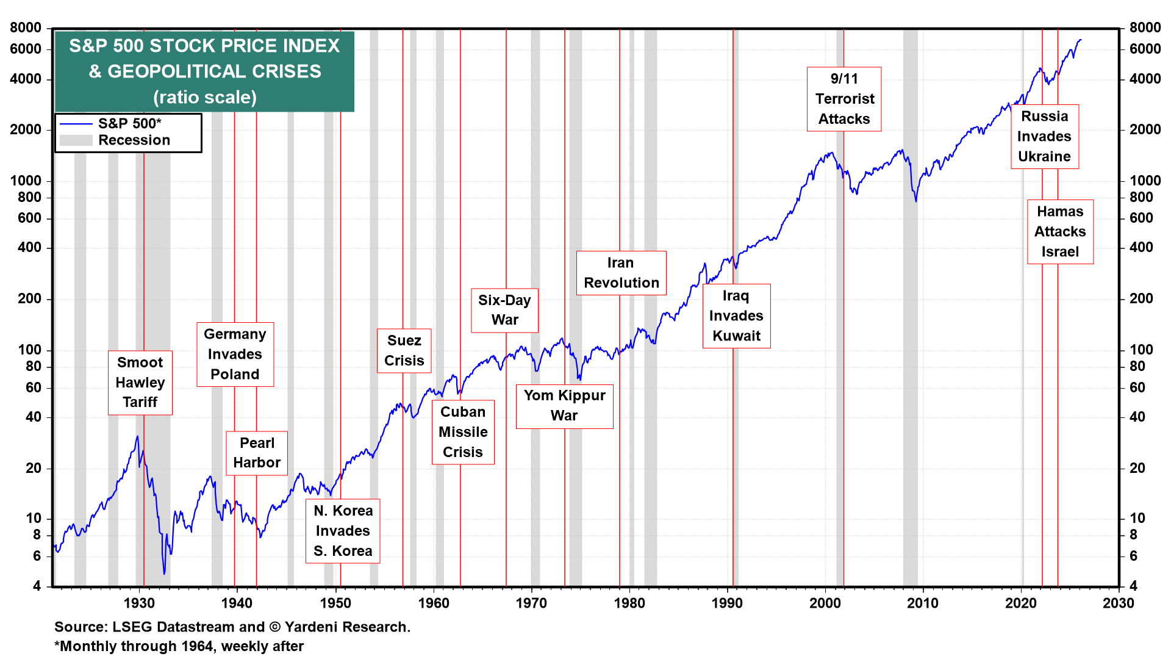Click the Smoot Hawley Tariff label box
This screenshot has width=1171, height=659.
[140, 383]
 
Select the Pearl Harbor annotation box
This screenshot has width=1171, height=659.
[257, 453]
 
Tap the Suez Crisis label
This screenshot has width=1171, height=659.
[404, 350]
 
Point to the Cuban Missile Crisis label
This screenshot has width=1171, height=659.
[463, 432]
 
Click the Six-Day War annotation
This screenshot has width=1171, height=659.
[504, 310]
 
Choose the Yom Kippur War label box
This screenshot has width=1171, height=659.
[564, 406]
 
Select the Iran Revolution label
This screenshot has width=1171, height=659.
[621, 273]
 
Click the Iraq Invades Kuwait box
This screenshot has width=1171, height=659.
[736, 315]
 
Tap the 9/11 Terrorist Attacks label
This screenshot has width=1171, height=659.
[844, 99]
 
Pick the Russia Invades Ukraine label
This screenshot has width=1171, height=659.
[1044, 136]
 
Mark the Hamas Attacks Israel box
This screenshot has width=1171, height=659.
[1060, 231]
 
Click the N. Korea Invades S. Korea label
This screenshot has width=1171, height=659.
[343, 531]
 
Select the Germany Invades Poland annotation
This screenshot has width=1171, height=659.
[235, 354]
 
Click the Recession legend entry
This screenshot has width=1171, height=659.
[134, 140]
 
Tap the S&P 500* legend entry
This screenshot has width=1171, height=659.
[129, 123]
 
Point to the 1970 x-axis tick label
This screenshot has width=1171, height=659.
[531, 603]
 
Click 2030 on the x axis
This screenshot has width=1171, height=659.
[1119, 603]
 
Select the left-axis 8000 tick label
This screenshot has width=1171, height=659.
[26, 27]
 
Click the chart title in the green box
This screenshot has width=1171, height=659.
[204, 71]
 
